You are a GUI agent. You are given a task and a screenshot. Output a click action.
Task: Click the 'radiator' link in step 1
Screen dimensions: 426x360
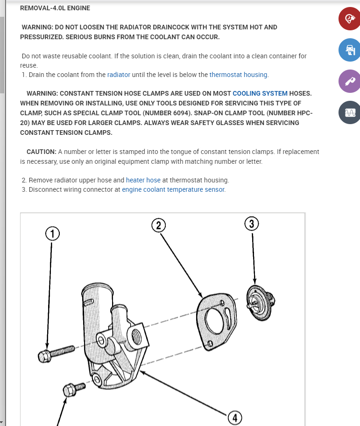(119, 75)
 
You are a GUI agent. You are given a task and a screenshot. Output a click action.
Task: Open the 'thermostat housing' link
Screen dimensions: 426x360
(238, 75)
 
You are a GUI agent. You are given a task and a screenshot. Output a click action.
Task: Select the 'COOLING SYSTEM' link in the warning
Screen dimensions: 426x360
(260, 93)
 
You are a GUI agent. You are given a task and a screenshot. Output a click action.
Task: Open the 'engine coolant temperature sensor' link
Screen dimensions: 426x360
(173, 189)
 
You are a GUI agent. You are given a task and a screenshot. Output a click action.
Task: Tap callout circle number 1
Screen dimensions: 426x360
(52, 233)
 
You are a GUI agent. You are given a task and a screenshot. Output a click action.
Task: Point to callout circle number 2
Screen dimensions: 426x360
(159, 225)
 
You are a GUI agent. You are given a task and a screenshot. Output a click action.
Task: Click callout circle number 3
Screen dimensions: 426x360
(252, 223)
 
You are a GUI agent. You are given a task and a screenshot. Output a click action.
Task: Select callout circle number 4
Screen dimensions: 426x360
(235, 418)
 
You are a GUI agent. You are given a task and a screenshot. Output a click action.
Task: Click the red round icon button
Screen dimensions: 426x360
(349, 19)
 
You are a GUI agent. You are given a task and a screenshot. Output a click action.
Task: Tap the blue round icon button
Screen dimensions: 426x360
(349, 50)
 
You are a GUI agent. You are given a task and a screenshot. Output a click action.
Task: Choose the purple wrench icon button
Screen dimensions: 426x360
(349, 81)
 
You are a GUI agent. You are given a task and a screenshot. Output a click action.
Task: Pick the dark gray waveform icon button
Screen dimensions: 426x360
(349, 112)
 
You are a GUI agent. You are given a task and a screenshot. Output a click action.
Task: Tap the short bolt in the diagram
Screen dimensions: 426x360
(73, 389)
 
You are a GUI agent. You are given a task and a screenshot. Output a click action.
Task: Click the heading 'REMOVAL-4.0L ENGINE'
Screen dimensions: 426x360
(55, 8)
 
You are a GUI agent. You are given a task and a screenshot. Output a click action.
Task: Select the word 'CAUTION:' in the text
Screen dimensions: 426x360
(42, 152)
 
